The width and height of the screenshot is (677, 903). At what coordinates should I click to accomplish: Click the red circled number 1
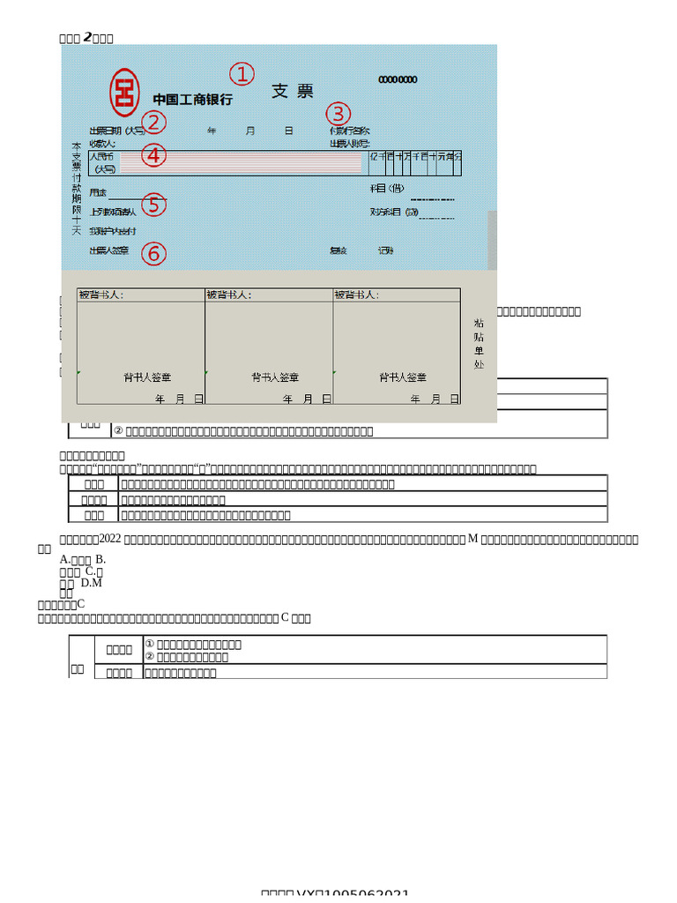[242, 74]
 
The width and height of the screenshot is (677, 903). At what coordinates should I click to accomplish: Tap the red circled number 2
[153, 122]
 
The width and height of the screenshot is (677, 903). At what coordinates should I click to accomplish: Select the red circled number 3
[338, 114]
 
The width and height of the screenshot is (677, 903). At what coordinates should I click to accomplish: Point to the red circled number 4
[153, 155]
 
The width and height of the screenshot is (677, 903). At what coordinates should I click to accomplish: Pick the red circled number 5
[153, 205]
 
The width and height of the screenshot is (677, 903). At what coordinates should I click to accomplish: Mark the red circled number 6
[153, 254]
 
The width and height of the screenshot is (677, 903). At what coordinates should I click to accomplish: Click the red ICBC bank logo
[124, 92]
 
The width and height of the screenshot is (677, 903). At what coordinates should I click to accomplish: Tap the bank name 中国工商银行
[192, 100]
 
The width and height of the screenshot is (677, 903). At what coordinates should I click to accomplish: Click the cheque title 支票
[292, 92]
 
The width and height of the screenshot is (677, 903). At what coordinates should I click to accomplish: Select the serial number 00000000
[398, 80]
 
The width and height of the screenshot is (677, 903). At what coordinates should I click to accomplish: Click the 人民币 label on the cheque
[102, 156]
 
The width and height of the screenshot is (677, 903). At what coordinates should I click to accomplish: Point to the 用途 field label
[98, 192]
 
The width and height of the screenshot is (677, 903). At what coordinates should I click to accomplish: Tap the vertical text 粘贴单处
[479, 343]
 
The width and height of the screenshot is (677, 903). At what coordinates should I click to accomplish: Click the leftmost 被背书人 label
[100, 295]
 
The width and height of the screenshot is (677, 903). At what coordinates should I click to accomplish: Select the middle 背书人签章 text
[275, 377]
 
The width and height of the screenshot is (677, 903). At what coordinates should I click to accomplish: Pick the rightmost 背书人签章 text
[403, 377]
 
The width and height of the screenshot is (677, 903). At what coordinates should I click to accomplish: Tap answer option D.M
[92, 583]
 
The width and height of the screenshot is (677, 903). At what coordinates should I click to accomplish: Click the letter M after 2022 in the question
[472, 539]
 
